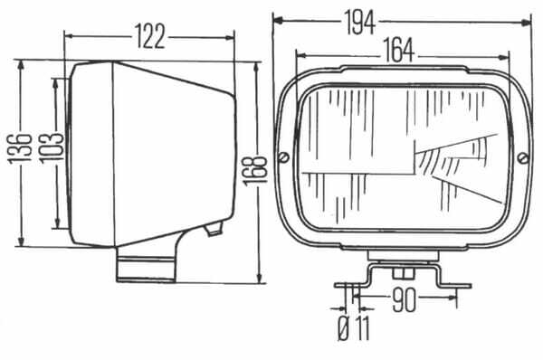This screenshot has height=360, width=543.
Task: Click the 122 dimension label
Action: pyautogui.click(x=150, y=36)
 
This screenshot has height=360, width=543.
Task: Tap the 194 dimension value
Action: pyautogui.click(x=360, y=23)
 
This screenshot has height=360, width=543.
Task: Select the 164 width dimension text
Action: pyautogui.click(x=398, y=51)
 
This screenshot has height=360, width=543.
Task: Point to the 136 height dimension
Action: pyautogui.click(x=20, y=147)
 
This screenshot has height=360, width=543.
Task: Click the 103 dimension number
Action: pyautogui.click(x=51, y=147)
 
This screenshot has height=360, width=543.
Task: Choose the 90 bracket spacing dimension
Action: pyautogui.click(x=404, y=299)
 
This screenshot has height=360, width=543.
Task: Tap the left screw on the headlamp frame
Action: pyautogui.click(x=284, y=157)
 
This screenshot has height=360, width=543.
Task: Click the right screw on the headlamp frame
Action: pyautogui.click(x=524, y=158)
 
